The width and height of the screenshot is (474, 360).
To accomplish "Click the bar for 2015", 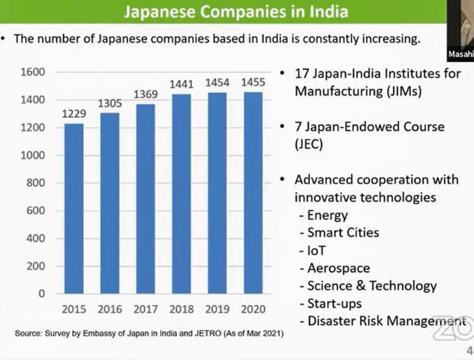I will pos(74,209).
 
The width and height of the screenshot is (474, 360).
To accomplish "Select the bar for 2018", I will pos(182,193).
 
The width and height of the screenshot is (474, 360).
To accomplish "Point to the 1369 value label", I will pos(146,95).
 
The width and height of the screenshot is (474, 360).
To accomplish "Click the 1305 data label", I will pos(110,104).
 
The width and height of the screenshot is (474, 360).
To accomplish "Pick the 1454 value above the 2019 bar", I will pos(217,84).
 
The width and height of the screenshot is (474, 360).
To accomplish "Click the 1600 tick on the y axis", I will pos(32,71).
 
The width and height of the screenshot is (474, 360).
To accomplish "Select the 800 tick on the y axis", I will pos(35,183).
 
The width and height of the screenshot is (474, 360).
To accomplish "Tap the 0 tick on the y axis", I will pos(41,294).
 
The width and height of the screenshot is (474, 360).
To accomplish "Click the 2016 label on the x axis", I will pos(110,310).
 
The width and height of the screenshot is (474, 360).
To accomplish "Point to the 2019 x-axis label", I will pos(217,310).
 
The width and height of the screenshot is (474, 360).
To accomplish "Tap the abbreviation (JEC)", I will pos(309,144).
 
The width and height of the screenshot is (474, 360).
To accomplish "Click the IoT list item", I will pos(317,250).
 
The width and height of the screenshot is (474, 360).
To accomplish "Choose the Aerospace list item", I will pos(338,268).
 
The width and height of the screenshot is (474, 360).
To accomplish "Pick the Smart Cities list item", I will pos(343,232).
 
